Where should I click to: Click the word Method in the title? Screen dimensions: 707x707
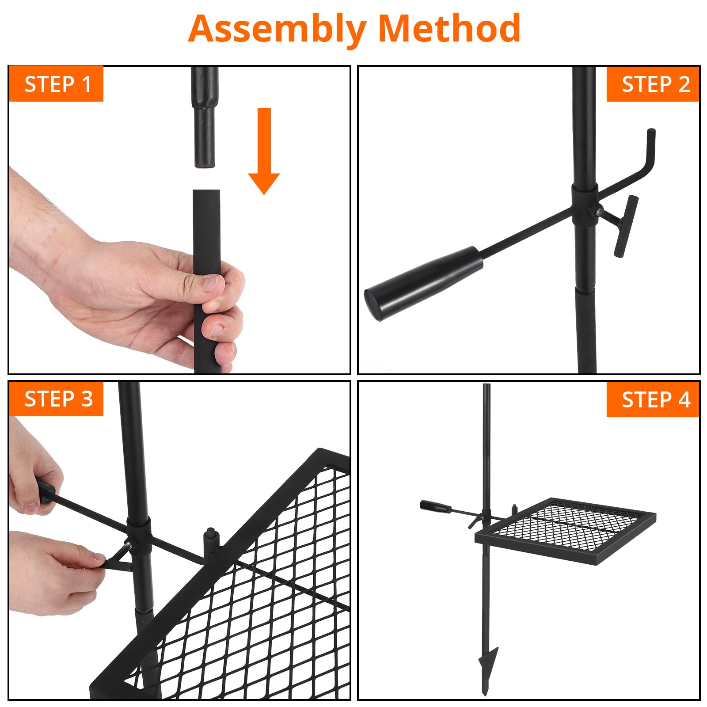(449, 28)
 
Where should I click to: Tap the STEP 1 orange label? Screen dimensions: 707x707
(57, 84)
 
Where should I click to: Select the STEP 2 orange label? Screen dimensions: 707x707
(653, 84)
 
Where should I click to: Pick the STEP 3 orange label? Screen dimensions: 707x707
(57, 399)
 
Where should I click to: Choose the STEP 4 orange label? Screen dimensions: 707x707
(653, 399)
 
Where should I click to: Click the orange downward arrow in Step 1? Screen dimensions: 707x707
(264, 151)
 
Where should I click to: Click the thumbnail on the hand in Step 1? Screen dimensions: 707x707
(214, 284)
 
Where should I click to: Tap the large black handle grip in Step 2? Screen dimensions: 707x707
(423, 283)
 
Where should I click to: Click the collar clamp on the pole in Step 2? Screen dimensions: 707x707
(585, 205)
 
